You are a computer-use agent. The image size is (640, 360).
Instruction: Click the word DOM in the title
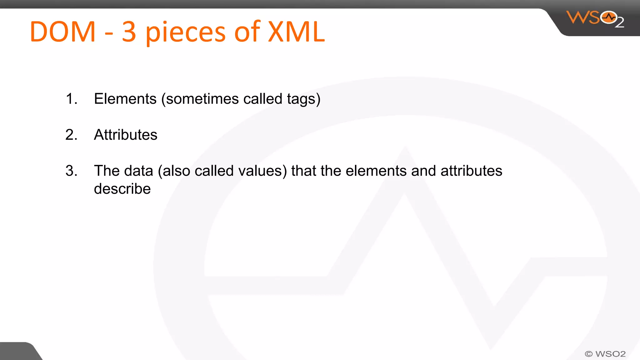(62, 32)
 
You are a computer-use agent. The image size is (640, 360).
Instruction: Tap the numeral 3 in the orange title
(129, 32)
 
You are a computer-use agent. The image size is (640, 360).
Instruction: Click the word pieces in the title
(185, 33)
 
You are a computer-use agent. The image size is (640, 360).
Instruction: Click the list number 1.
(71, 99)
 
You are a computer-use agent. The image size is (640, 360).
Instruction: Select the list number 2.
(71, 135)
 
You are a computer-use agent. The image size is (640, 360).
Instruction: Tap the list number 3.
(71, 171)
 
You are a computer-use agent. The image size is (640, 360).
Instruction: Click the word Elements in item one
(125, 99)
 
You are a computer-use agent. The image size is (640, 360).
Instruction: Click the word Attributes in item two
(126, 135)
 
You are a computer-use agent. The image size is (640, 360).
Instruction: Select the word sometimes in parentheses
(200, 99)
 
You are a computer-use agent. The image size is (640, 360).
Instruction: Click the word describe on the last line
(122, 189)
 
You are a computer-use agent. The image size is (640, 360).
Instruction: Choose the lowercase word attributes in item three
(471, 171)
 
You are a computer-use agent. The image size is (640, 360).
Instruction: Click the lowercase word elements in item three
(376, 171)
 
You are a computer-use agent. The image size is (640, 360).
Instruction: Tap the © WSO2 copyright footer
(605, 354)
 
